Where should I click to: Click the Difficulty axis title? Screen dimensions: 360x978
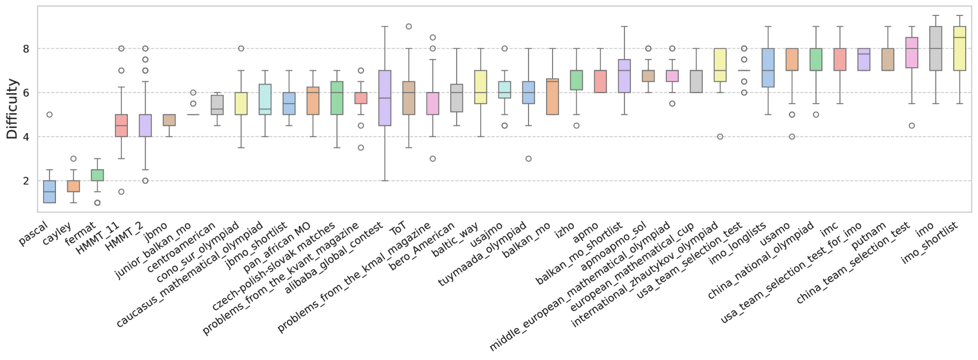click(12, 109)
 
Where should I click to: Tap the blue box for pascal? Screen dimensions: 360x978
click(49, 192)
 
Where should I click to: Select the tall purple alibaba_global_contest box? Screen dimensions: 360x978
click(385, 98)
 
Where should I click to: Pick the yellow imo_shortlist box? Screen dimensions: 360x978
click(960, 48)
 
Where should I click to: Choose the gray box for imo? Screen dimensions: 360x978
click(936, 48)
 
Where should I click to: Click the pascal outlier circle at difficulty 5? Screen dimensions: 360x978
click(49, 114)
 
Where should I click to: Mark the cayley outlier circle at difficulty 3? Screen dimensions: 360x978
click(73, 158)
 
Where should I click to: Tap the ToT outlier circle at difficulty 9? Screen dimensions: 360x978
click(409, 27)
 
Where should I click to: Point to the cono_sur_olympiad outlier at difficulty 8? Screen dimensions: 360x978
click(241, 48)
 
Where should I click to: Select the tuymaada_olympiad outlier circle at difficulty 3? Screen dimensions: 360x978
click(528, 158)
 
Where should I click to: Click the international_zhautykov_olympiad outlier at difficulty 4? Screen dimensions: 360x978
click(720, 137)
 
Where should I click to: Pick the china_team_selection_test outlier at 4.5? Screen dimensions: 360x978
click(911, 125)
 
